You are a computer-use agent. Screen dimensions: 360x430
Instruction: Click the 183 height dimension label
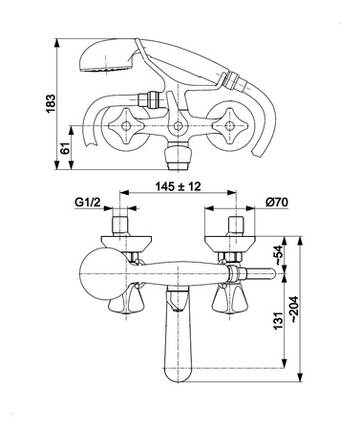(52, 103)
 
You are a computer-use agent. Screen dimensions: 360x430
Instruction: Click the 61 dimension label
(65, 148)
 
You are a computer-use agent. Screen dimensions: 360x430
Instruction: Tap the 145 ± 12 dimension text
(179, 186)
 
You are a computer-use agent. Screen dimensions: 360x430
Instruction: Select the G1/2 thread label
(88, 202)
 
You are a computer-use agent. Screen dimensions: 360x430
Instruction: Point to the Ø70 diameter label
(276, 202)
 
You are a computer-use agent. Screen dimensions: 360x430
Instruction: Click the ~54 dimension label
(278, 255)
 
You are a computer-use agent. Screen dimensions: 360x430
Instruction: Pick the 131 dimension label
(278, 321)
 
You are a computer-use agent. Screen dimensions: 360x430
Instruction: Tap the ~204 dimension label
(294, 309)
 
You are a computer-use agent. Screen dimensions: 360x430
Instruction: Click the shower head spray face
(106, 69)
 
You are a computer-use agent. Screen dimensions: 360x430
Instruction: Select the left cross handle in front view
(126, 126)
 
